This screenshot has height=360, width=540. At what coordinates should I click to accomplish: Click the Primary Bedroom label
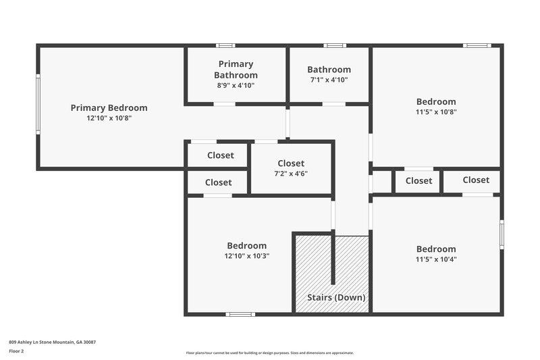[x=109, y=107]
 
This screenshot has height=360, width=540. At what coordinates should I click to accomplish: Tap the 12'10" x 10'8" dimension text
[x=109, y=118]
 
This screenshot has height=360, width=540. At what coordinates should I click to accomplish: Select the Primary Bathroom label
[x=236, y=70]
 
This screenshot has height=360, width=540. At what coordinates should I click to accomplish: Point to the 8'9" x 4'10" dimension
[x=236, y=85]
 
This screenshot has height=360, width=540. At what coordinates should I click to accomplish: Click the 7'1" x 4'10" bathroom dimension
[x=329, y=80]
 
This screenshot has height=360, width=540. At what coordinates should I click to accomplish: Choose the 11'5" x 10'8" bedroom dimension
[x=435, y=112]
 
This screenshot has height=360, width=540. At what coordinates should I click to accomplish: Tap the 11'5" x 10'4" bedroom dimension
[x=435, y=259]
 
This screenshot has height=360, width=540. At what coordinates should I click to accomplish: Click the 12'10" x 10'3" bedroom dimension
[x=246, y=256]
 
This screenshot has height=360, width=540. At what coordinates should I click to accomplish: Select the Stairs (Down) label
[x=336, y=297]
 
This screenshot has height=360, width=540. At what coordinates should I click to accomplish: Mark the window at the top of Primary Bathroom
[x=225, y=46]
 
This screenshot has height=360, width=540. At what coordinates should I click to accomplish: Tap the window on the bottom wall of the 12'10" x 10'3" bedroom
[x=240, y=313]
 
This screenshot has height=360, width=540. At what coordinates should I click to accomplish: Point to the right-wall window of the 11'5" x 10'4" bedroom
[x=502, y=234]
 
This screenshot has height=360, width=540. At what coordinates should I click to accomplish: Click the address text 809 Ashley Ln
[x=52, y=342]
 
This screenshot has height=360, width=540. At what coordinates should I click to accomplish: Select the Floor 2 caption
[x=17, y=351]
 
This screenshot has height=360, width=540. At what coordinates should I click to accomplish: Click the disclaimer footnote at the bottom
[x=269, y=353]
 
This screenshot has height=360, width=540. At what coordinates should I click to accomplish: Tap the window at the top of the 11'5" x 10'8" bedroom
[x=477, y=46]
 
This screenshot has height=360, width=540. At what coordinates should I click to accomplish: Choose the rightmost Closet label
[x=476, y=180]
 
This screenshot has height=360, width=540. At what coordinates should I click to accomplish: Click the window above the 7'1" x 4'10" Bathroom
[x=334, y=46]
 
